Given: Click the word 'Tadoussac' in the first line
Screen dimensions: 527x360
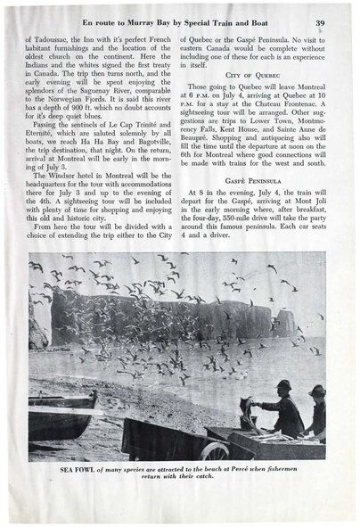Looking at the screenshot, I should pyautogui.click(x=53, y=41).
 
